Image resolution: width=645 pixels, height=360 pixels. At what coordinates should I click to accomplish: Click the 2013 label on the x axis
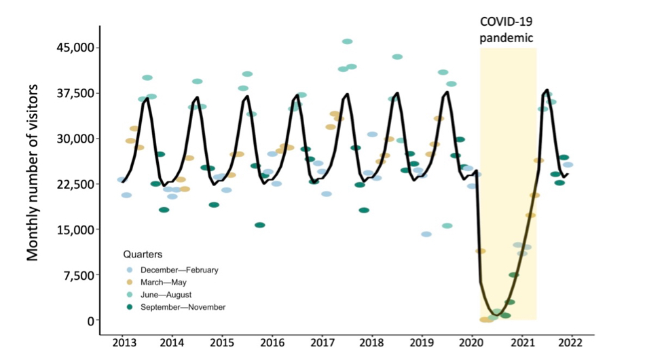tap(122, 342)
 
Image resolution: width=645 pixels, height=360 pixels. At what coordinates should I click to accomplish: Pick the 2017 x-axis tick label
tap(322, 342)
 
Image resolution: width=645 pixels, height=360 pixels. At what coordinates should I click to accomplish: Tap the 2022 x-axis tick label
tap(571, 342)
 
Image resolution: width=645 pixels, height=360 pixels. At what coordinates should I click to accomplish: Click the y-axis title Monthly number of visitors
tap(33, 173)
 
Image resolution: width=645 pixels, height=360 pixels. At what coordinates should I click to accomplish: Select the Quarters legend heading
tap(142, 254)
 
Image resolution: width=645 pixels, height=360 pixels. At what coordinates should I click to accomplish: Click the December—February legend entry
tap(179, 270)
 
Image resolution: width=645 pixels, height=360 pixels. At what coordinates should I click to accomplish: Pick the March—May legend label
tap(163, 282)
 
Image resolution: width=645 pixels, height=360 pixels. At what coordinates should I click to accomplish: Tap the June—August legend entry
tap(166, 295)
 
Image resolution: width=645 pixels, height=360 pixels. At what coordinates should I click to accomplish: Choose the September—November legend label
tap(183, 307)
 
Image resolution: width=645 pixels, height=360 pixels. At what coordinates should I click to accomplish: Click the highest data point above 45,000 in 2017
tap(348, 41)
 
